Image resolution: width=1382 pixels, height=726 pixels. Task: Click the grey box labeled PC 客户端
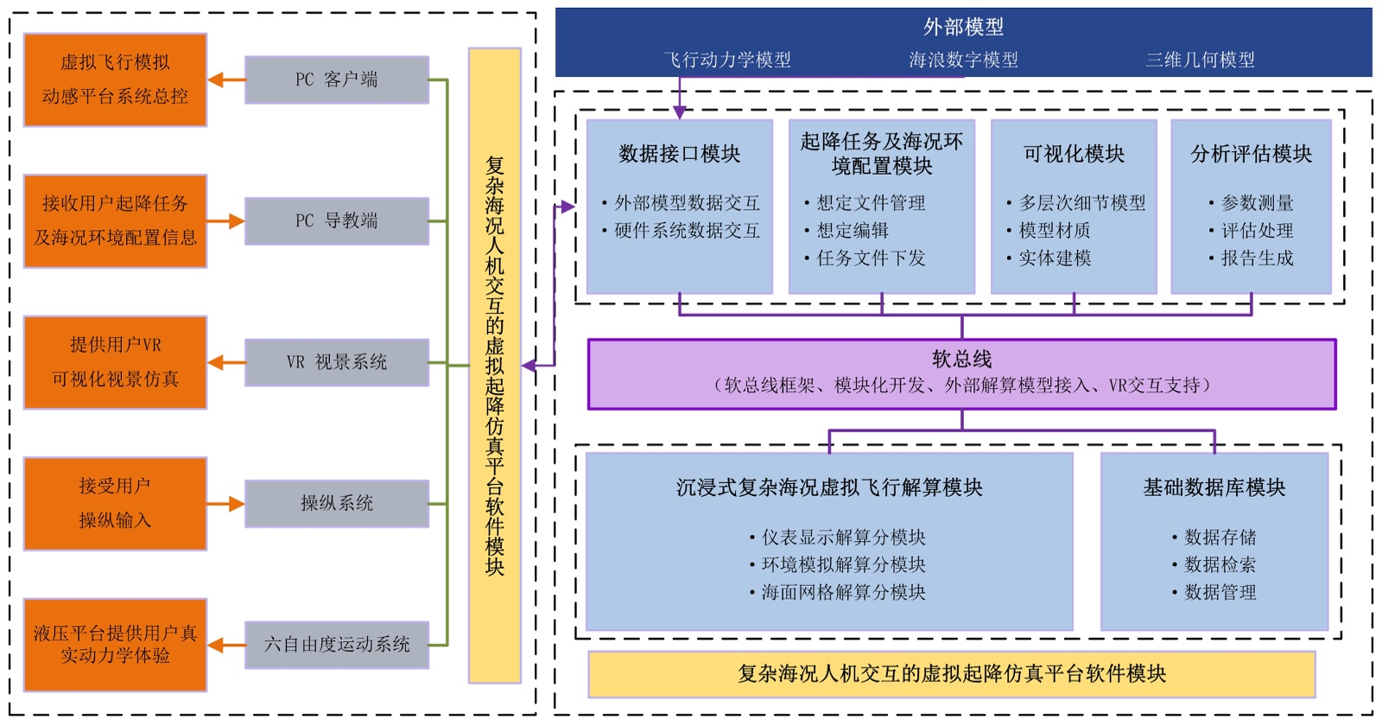[336, 80]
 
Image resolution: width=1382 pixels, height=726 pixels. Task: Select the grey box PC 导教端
[336, 220]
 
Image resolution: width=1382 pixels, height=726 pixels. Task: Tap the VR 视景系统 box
[336, 362]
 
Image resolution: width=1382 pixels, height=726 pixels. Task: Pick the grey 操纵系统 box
[336, 503]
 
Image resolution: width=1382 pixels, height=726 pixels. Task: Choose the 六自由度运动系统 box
[336, 645]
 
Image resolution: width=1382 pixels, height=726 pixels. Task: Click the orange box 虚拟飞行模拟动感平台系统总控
[115, 80]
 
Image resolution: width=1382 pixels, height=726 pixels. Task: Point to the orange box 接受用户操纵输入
[115, 503]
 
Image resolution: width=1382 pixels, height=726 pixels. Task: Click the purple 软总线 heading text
[961, 359]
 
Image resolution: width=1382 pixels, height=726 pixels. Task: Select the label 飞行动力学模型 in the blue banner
[727, 60]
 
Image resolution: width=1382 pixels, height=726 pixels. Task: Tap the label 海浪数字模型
[963, 60]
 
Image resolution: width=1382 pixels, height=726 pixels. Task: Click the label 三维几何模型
[1200, 60]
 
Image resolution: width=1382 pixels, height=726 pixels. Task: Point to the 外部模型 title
[963, 27]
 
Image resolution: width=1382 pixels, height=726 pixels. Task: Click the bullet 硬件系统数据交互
[687, 231]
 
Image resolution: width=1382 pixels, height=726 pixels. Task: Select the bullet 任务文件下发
[871, 258]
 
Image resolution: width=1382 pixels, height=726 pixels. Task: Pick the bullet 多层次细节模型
[1082, 203]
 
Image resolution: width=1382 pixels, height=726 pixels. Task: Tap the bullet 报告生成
[1257, 258]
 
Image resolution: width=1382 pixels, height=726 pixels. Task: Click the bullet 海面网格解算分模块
[843, 592]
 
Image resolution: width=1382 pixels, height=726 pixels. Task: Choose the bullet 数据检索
[1220, 564]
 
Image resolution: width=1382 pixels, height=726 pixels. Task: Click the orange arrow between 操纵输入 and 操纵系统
[225, 504]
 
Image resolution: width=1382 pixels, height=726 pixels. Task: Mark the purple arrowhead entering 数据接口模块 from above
[680, 112]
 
